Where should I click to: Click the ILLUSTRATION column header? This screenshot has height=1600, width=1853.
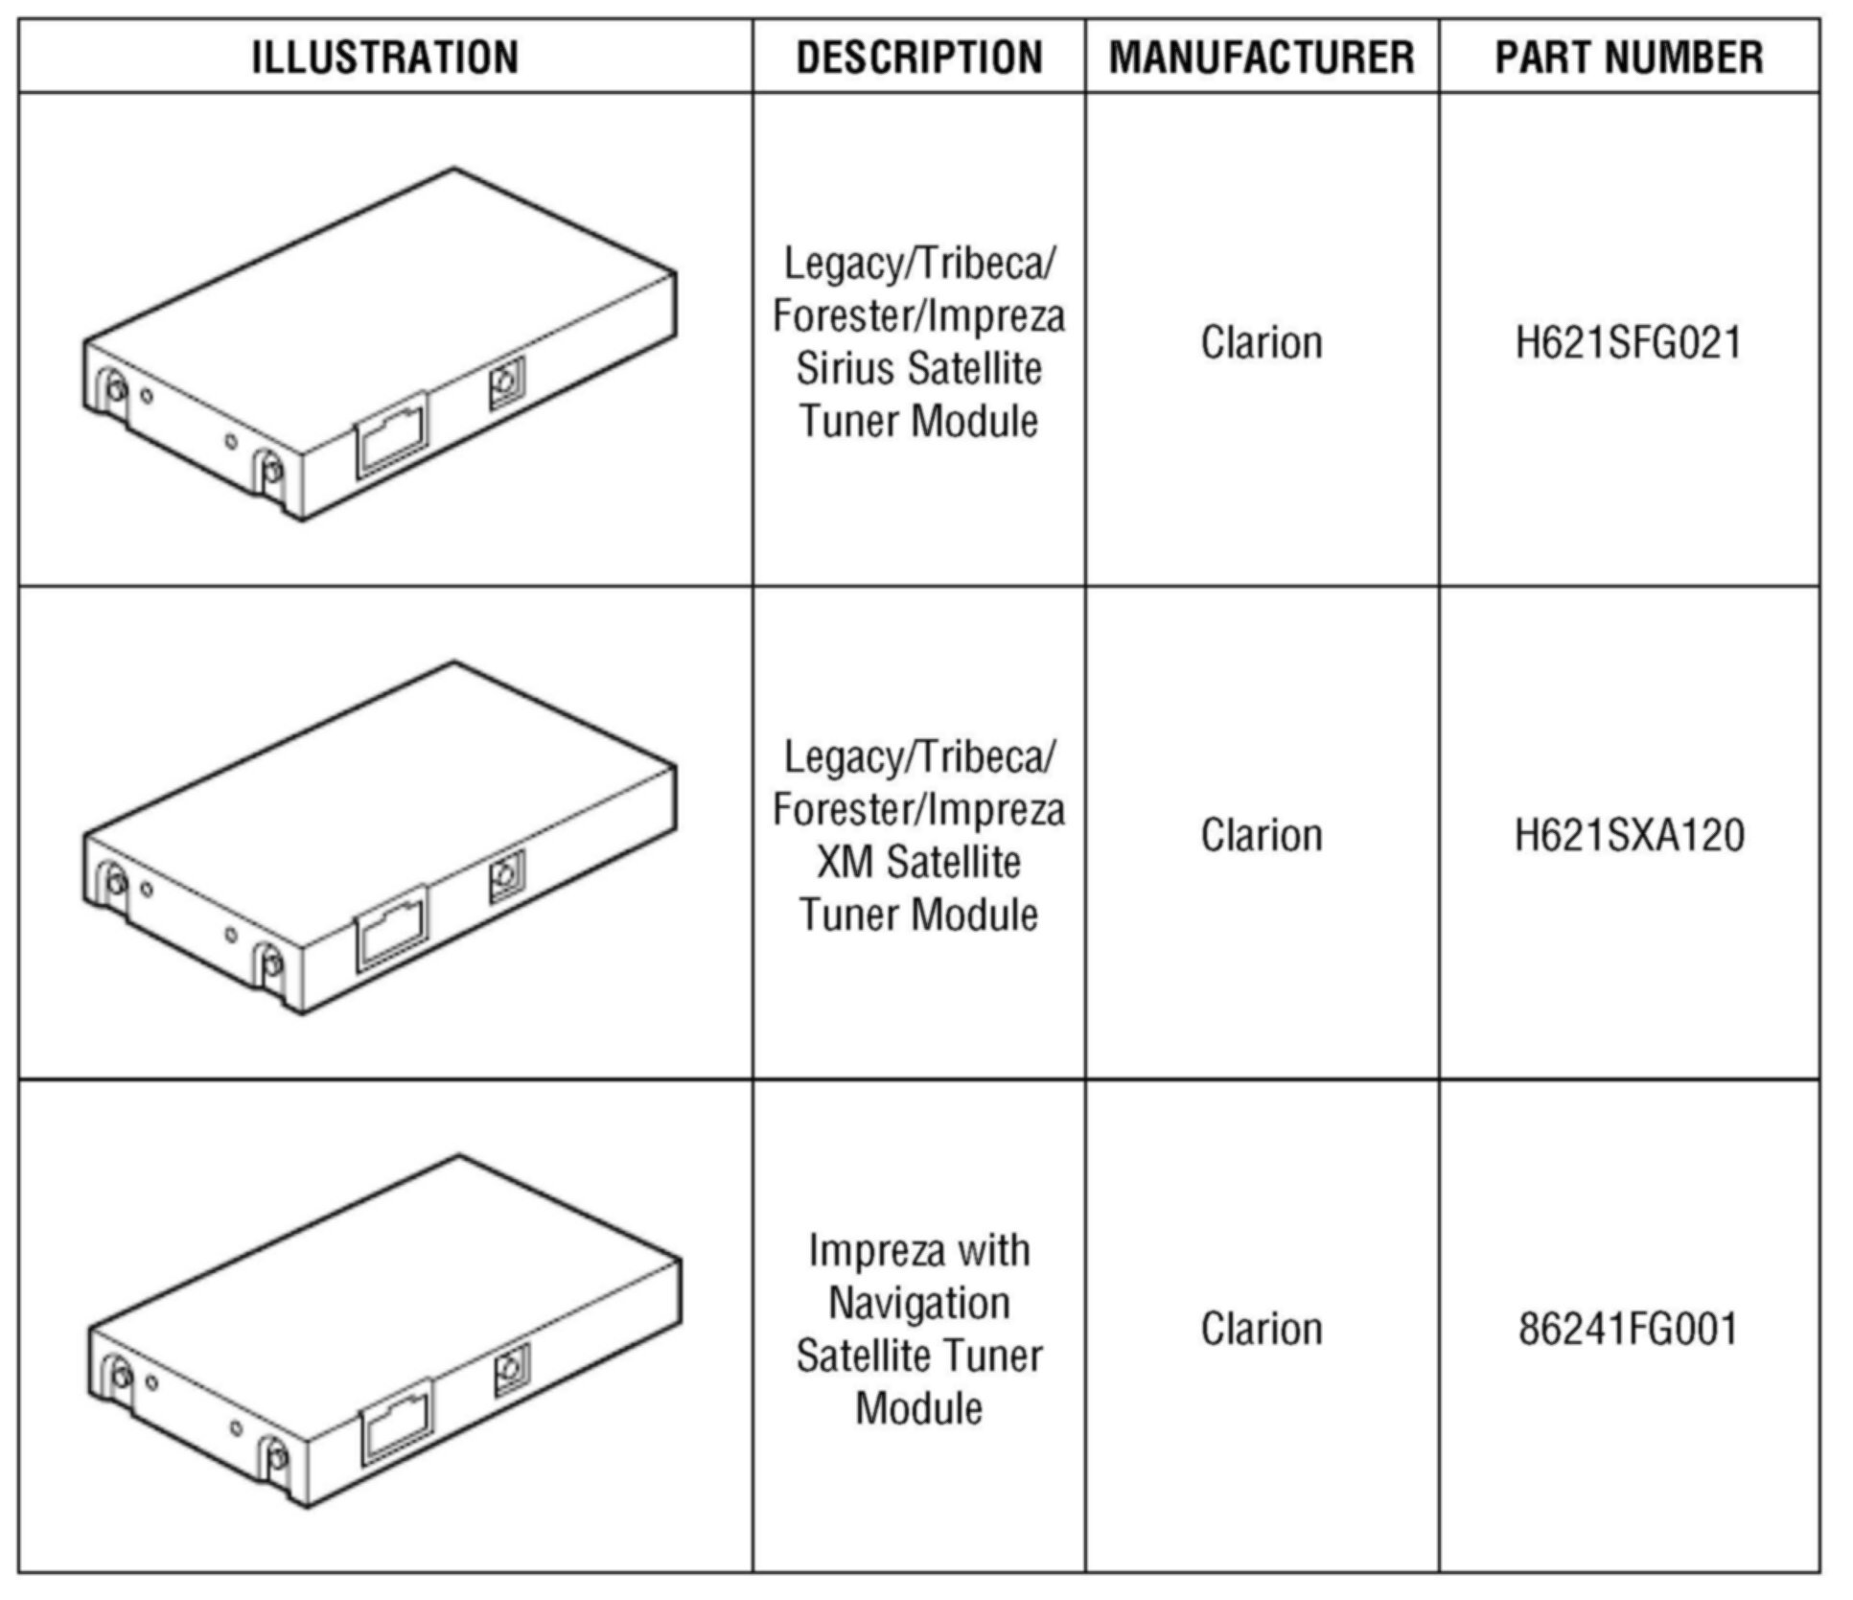[x=384, y=57]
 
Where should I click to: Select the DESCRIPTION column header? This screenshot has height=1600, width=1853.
[x=918, y=57]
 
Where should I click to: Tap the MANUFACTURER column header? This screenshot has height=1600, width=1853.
[x=1262, y=57]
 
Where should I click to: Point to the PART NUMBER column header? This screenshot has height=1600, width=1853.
[x=1629, y=57]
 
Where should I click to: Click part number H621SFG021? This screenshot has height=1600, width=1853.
[x=1629, y=343]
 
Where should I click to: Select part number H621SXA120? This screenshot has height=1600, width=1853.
[x=1629, y=836]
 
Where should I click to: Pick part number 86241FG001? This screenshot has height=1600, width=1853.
[x=1629, y=1329]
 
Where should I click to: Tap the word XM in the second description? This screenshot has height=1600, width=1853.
[x=845, y=862]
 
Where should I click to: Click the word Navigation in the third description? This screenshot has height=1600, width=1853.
[x=918, y=1303]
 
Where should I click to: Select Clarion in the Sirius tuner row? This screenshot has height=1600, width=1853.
[x=1262, y=343]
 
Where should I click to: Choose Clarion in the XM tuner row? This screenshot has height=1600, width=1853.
[x=1262, y=836]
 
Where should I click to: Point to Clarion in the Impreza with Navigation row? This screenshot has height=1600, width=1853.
[x=1262, y=1329]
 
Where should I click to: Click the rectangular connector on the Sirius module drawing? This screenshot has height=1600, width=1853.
[x=391, y=434]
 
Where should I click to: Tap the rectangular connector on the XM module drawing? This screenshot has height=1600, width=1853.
[x=391, y=928]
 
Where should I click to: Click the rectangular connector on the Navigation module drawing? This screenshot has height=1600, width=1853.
[x=396, y=1422]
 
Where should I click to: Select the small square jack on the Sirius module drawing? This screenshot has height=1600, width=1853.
[x=506, y=383]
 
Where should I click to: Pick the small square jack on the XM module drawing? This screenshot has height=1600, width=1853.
[x=506, y=876]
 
